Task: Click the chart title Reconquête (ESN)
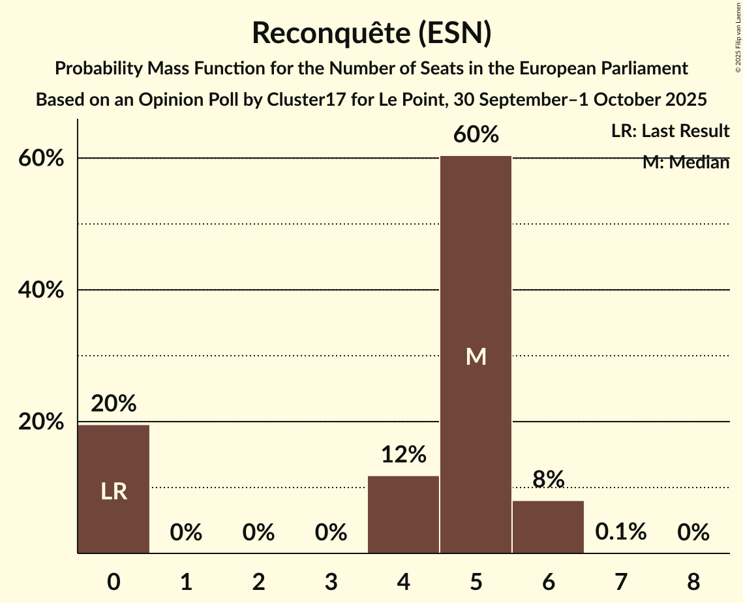click(371, 33)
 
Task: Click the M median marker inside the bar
click(476, 356)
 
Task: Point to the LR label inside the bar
click(114, 491)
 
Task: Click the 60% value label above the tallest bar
click(476, 134)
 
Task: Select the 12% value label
click(403, 454)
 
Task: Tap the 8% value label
click(548, 479)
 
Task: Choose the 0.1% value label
click(620, 532)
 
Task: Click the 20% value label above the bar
click(114, 404)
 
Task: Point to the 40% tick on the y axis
click(40, 290)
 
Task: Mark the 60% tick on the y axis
click(40, 159)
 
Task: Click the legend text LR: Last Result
click(670, 131)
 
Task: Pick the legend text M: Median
click(686, 162)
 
